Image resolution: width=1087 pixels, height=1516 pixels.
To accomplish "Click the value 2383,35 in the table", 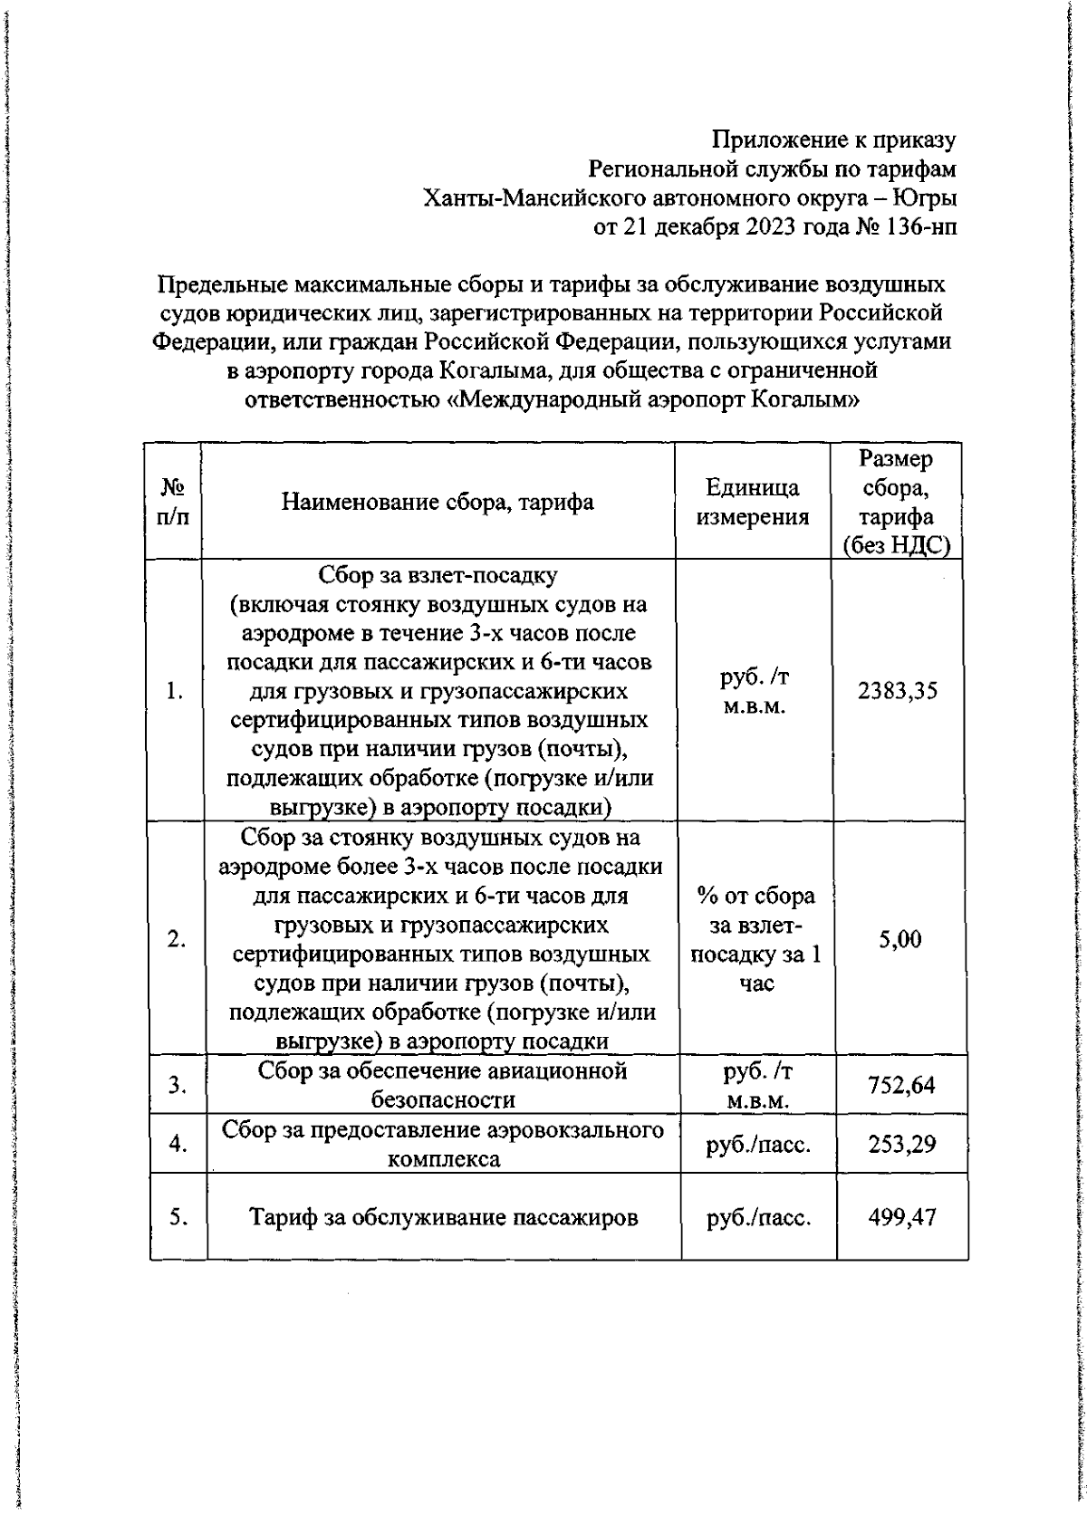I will tap(897, 691).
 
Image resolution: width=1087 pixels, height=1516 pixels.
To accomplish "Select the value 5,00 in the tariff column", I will tap(899, 939).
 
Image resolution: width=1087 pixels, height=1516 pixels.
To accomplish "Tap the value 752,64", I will tap(901, 1084).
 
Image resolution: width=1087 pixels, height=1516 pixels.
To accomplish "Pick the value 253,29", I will tap(901, 1144).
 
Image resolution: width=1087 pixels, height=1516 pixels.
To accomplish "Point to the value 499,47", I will tap(901, 1217).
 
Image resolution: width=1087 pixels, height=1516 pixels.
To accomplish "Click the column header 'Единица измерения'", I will tap(752, 502).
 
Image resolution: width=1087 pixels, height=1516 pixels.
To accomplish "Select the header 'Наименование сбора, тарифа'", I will tap(438, 502).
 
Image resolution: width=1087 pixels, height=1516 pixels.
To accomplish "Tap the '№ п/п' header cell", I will tap(172, 502).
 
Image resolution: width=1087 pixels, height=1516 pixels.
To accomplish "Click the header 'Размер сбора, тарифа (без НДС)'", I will tap(896, 502).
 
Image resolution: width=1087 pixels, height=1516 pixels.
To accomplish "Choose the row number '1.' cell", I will tap(175, 691).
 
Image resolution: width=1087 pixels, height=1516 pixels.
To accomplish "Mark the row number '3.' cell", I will tap(178, 1084).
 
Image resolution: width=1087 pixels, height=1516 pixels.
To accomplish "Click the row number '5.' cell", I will tap(178, 1217).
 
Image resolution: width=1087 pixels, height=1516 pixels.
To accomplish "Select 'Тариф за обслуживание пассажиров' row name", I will tap(443, 1217).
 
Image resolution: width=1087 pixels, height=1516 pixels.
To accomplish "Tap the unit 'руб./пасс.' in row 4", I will tap(758, 1144).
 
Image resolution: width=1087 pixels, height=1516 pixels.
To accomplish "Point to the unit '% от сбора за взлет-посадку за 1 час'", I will tap(755, 939).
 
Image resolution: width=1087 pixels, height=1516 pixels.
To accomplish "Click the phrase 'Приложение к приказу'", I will tap(833, 140).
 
